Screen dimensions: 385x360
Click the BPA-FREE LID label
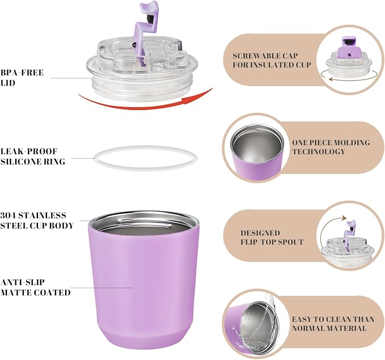point(22,78)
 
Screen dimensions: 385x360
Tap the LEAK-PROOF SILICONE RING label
point(33,156)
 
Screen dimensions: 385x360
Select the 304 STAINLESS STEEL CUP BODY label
point(37,221)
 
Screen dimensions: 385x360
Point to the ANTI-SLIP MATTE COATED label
point(35,287)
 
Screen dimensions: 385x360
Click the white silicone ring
point(146,169)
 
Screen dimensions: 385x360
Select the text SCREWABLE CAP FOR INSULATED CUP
point(272,60)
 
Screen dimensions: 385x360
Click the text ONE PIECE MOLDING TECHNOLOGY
point(331,147)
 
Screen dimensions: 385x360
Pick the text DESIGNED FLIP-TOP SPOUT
point(272,238)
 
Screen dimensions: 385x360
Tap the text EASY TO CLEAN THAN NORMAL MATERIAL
point(333,324)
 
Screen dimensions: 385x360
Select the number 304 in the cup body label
point(8,215)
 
